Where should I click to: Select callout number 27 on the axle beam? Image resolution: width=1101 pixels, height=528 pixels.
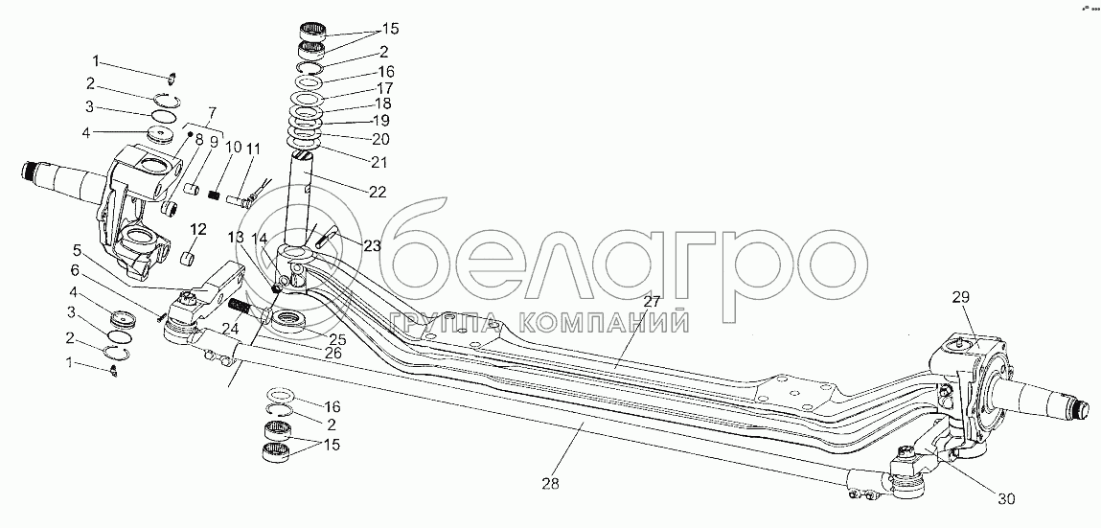[x=653, y=302]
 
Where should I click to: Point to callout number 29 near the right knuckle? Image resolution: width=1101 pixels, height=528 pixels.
[x=961, y=298]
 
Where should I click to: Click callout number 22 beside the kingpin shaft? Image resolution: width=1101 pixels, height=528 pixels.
[x=377, y=192]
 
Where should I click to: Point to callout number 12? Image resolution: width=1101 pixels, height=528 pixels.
[x=198, y=229]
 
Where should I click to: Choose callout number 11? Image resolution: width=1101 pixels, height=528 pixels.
[x=253, y=149]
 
